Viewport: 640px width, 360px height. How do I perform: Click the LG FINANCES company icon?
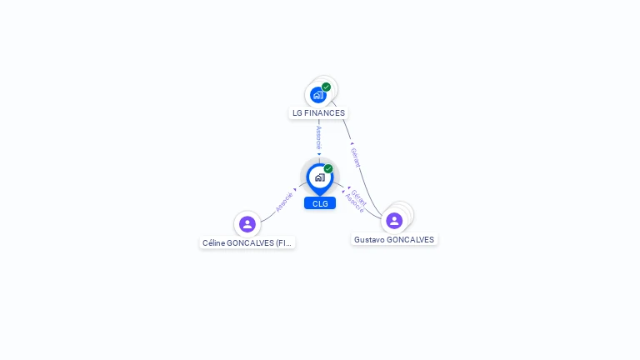(317, 95)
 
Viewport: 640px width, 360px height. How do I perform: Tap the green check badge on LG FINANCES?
(326, 87)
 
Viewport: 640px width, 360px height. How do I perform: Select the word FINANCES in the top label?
(325, 113)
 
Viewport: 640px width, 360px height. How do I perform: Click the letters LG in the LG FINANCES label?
(297, 113)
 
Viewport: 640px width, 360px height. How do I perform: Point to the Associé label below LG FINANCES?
(318, 137)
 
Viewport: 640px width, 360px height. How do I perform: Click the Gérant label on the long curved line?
(355, 157)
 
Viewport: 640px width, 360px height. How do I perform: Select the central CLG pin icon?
(319, 177)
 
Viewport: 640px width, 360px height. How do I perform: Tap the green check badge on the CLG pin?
(328, 168)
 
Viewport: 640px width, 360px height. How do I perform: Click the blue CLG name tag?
(320, 203)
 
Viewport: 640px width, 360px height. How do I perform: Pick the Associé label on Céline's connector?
(284, 202)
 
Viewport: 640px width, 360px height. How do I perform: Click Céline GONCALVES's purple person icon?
(247, 223)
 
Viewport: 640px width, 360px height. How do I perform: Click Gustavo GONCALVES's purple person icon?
(394, 221)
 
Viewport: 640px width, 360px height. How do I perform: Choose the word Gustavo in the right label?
(369, 240)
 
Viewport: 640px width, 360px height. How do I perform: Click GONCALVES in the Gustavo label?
(410, 240)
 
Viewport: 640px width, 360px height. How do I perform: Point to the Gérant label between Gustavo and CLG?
(359, 196)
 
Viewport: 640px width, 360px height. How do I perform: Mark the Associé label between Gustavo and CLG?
(354, 204)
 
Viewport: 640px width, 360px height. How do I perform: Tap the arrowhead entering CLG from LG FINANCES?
(319, 154)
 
